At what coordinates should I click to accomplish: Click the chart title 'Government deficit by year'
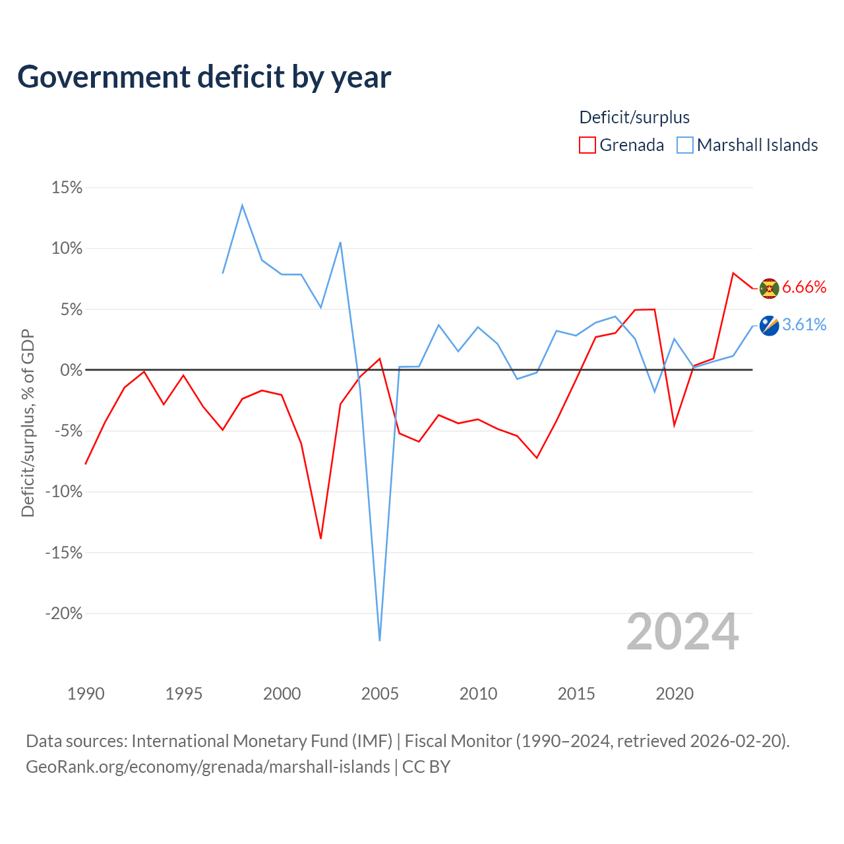(x=204, y=77)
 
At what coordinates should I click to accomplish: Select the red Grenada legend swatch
(x=587, y=145)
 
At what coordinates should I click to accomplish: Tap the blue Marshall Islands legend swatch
(x=684, y=145)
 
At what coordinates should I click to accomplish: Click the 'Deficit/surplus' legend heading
(x=634, y=117)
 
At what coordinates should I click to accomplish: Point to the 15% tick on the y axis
(x=67, y=187)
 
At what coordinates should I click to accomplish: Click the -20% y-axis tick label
(x=64, y=613)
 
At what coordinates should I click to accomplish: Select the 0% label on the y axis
(x=71, y=370)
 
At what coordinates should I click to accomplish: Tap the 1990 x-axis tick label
(x=86, y=694)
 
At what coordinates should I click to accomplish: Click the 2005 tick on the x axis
(x=380, y=694)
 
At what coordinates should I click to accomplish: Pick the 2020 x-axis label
(x=675, y=694)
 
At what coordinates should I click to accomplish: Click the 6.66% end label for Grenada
(x=804, y=287)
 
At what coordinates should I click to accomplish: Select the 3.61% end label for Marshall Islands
(x=804, y=324)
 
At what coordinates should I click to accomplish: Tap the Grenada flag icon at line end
(x=769, y=288)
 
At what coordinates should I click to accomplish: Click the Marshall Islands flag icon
(x=769, y=326)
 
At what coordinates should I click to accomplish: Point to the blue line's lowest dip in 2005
(x=379, y=640)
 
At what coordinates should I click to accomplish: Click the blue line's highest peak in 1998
(x=242, y=205)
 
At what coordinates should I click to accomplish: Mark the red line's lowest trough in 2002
(x=320, y=538)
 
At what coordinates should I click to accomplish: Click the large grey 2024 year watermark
(x=682, y=631)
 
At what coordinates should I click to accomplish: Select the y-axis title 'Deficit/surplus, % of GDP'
(x=28, y=423)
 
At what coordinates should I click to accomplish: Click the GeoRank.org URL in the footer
(x=208, y=766)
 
